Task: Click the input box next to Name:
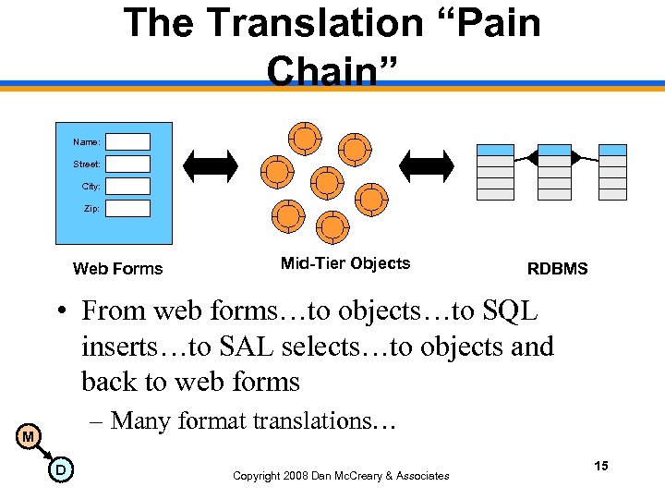tap(127, 141)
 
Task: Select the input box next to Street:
tap(127, 164)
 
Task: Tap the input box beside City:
tap(127, 186)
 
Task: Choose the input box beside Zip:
tap(127, 208)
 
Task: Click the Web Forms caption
tap(117, 269)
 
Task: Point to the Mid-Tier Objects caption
tap(345, 263)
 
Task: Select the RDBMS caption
tap(557, 269)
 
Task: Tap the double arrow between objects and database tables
tap(430, 164)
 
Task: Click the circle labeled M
tap(29, 436)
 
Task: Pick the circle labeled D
tap(59, 471)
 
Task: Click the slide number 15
tap(601, 466)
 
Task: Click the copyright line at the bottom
tap(341, 476)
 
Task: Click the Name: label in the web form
tap(87, 141)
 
